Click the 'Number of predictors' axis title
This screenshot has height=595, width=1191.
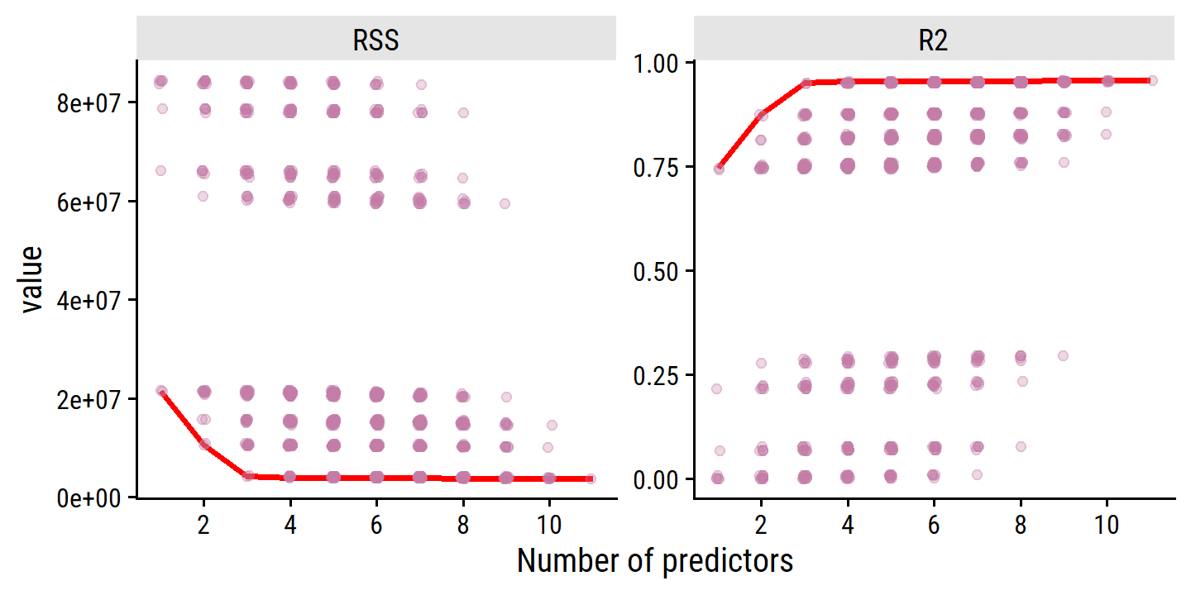pos(655,561)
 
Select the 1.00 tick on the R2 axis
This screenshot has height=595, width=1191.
pos(657,64)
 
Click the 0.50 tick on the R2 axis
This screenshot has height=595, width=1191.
pos(657,271)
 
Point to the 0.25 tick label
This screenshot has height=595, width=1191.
pos(657,375)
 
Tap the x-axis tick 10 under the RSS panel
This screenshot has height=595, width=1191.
pos(549,525)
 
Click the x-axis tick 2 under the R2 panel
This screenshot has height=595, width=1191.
pos(761,525)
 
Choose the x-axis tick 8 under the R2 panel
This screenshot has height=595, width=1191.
pos(1021,525)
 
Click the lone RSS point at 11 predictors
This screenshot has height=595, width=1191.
pos(591,478)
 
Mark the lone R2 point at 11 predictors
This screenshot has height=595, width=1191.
pos(1153,80)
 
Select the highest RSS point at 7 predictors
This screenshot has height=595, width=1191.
pos(421,84)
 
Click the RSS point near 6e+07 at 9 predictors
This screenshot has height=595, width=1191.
pos(505,203)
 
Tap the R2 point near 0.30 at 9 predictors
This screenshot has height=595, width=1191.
pos(1064,355)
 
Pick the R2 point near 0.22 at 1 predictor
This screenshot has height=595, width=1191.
pos(716,388)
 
